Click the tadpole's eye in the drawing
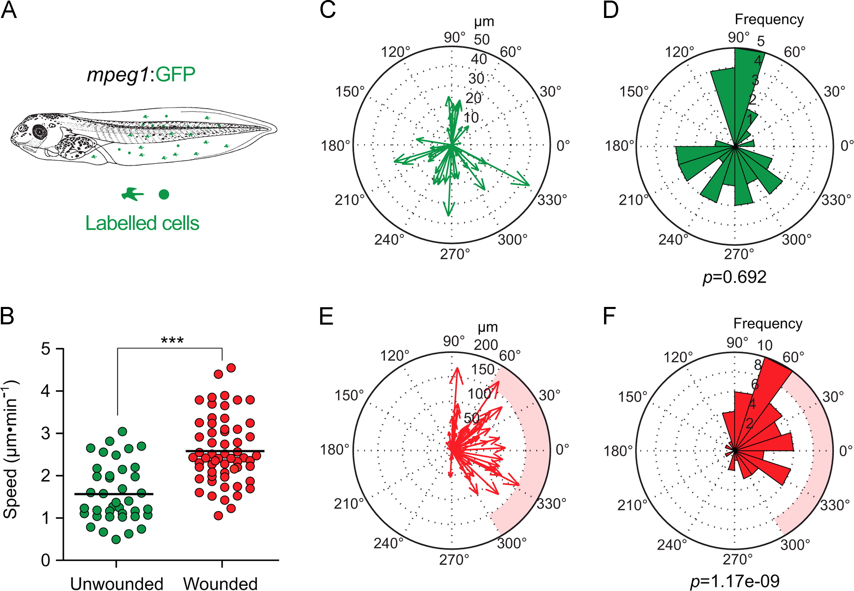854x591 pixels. click(39, 131)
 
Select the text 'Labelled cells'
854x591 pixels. click(142, 223)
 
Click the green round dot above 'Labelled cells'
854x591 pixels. click(164, 194)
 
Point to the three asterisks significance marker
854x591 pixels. click(172, 340)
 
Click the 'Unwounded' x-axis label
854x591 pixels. click(117, 583)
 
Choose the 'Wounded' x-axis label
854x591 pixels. click(220, 583)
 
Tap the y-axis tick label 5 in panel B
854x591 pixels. click(46, 349)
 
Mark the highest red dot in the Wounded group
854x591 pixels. click(231, 368)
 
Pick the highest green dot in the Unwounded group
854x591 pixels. click(122, 431)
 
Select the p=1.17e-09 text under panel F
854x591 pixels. click(735, 581)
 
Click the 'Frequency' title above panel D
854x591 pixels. click(769, 19)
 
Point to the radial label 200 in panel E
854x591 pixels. click(486, 345)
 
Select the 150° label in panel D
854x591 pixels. click(634, 92)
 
